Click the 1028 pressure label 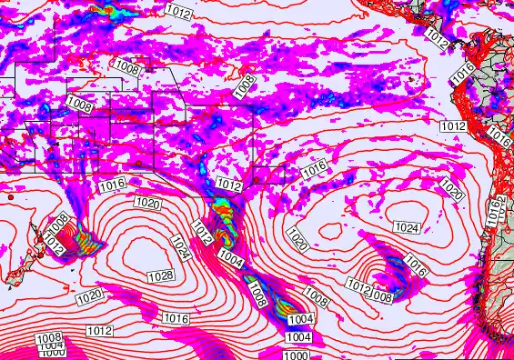[161, 275]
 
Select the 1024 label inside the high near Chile [407, 226]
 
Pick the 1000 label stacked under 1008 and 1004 [52, 353]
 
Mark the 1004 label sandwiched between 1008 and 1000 [52, 345]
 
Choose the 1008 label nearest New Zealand [56, 222]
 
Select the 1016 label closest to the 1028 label [176, 318]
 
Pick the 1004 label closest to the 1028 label [231, 259]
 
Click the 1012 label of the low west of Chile [359, 288]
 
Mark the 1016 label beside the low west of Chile [416, 266]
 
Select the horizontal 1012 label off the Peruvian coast [453, 125]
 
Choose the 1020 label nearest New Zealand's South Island [89, 296]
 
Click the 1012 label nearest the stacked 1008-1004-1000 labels [100, 330]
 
